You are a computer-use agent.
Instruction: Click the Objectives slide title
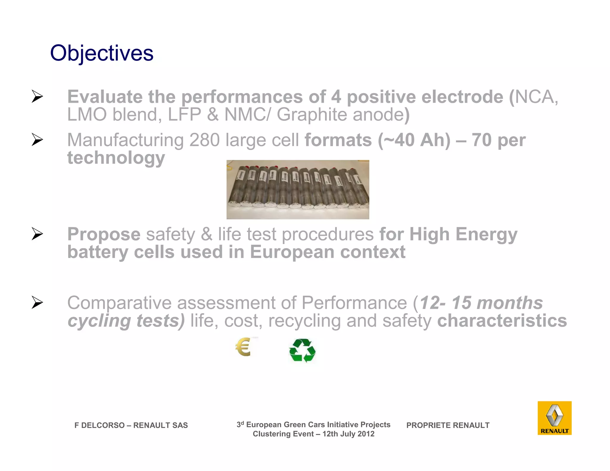pos(102,53)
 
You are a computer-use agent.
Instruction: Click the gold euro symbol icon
pos(243,347)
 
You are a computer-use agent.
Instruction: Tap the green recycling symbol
pos(302,350)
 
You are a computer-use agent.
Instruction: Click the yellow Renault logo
pos(554,418)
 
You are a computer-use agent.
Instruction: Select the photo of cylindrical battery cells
pos(298,189)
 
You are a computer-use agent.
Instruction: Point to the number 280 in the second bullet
pos(204,140)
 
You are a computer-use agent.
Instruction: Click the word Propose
pos(104,234)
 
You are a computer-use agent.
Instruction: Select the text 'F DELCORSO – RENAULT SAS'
pos(131,425)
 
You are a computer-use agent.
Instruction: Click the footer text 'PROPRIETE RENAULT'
pos(448,425)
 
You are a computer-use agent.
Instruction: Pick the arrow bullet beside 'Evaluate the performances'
pos(37,96)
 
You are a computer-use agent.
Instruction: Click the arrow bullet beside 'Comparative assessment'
pos(37,302)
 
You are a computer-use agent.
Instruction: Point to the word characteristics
pos(502,321)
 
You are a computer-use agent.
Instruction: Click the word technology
pos(116,158)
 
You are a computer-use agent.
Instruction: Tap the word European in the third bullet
pos(292,252)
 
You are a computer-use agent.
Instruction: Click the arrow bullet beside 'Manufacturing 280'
pos(37,140)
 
